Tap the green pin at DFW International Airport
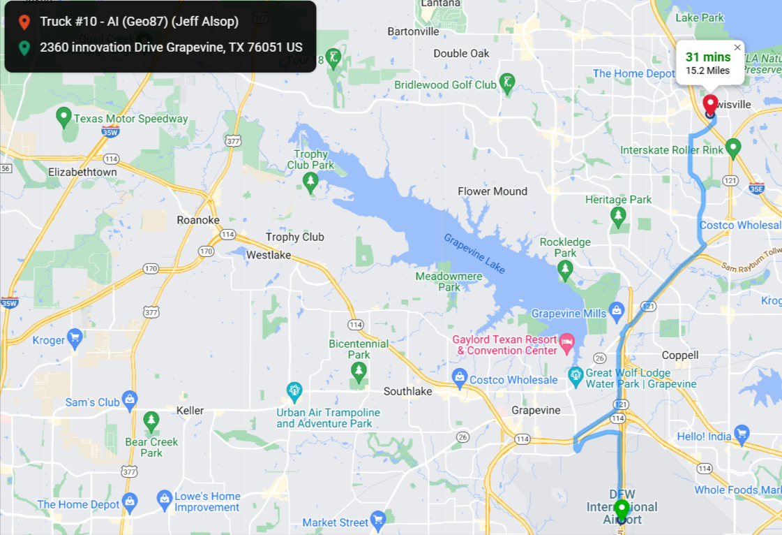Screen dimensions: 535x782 621,509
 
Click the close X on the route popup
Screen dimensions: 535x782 737,47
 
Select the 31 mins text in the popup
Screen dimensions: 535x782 707,57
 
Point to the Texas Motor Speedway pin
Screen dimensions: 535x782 63,117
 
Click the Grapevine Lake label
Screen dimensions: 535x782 474,252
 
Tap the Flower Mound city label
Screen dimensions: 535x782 492,191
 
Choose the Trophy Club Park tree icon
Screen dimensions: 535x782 310,182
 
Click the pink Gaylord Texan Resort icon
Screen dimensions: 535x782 566,342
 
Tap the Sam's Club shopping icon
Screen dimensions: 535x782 129,400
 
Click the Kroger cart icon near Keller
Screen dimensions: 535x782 75,339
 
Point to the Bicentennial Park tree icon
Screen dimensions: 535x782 359,370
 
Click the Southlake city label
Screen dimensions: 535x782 408,392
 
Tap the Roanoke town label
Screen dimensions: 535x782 198,220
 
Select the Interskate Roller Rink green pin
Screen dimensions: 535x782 732,147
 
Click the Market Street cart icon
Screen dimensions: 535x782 378,518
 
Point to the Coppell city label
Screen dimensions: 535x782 680,355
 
